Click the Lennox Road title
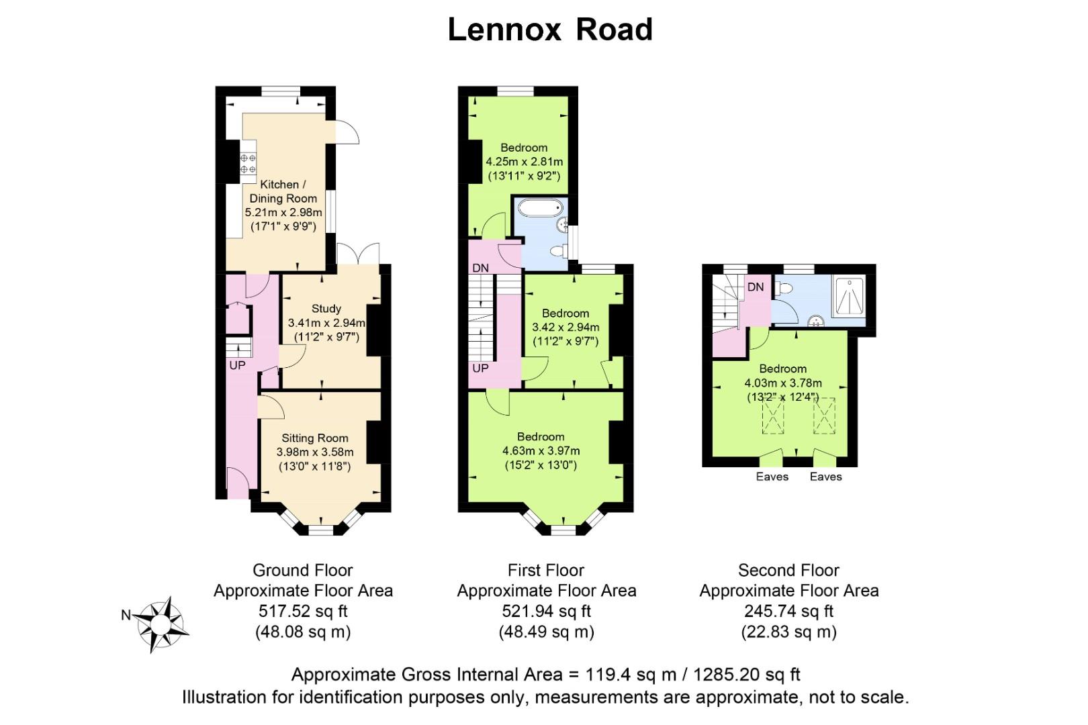click(550, 30)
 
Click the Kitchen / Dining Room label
click(283, 191)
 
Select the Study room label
click(326, 308)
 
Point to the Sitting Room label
click(315, 438)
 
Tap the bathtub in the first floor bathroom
click(540, 209)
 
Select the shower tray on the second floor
click(849, 297)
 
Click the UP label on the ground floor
click(237, 366)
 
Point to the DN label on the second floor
click(756, 287)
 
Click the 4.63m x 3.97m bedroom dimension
click(541, 451)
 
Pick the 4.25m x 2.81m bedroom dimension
click(524, 162)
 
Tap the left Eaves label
click(772, 477)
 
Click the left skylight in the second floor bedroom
click(772, 415)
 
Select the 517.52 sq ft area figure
click(303, 611)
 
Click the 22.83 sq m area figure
click(788, 632)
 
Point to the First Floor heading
click(546, 570)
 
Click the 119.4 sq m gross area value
click(631, 675)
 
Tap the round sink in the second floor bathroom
click(816, 322)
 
